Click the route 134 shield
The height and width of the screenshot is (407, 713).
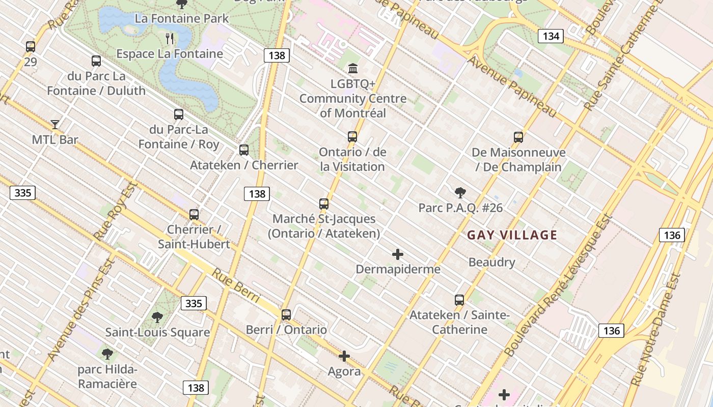[x=551, y=36]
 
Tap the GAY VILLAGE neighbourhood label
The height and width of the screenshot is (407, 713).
[x=512, y=235]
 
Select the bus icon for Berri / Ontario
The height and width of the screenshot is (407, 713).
[x=286, y=314]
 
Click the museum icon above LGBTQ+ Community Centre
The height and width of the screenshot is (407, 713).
[x=352, y=68]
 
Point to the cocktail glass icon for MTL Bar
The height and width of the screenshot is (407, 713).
[x=55, y=124]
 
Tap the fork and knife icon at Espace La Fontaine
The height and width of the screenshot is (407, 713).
[x=170, y=38]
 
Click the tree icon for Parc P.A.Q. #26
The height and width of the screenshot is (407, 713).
[x=460, y=192]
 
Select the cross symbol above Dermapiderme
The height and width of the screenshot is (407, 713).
[x=398, y=254]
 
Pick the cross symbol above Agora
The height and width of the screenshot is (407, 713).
[x=344, y=356]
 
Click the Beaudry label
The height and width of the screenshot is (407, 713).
[x=491, y=263]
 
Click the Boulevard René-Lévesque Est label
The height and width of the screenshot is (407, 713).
[x=557, y=285]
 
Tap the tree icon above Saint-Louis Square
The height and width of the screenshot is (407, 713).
[x=157, y=317]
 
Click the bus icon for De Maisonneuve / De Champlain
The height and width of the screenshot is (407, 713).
[x=518, y=137]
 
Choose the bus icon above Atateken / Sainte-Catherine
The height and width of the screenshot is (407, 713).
[x=459, y=300]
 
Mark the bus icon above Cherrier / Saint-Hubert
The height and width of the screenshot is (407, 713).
[x=194, y=214]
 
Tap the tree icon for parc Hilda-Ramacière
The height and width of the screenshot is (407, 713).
[x=107, y=354]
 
